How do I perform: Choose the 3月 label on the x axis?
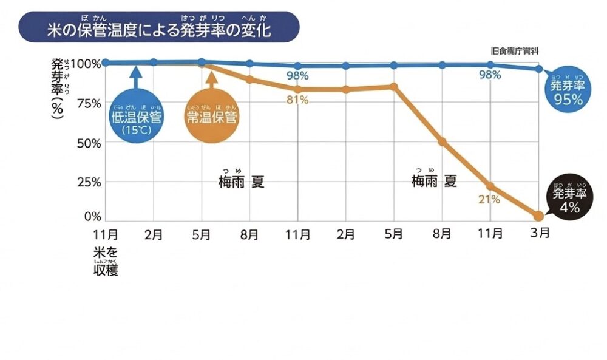point(539,233)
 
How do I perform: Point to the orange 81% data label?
point(297,100)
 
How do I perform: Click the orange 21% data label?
point(489,199)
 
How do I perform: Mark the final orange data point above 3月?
point(538,216)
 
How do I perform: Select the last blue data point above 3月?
point(538,69)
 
